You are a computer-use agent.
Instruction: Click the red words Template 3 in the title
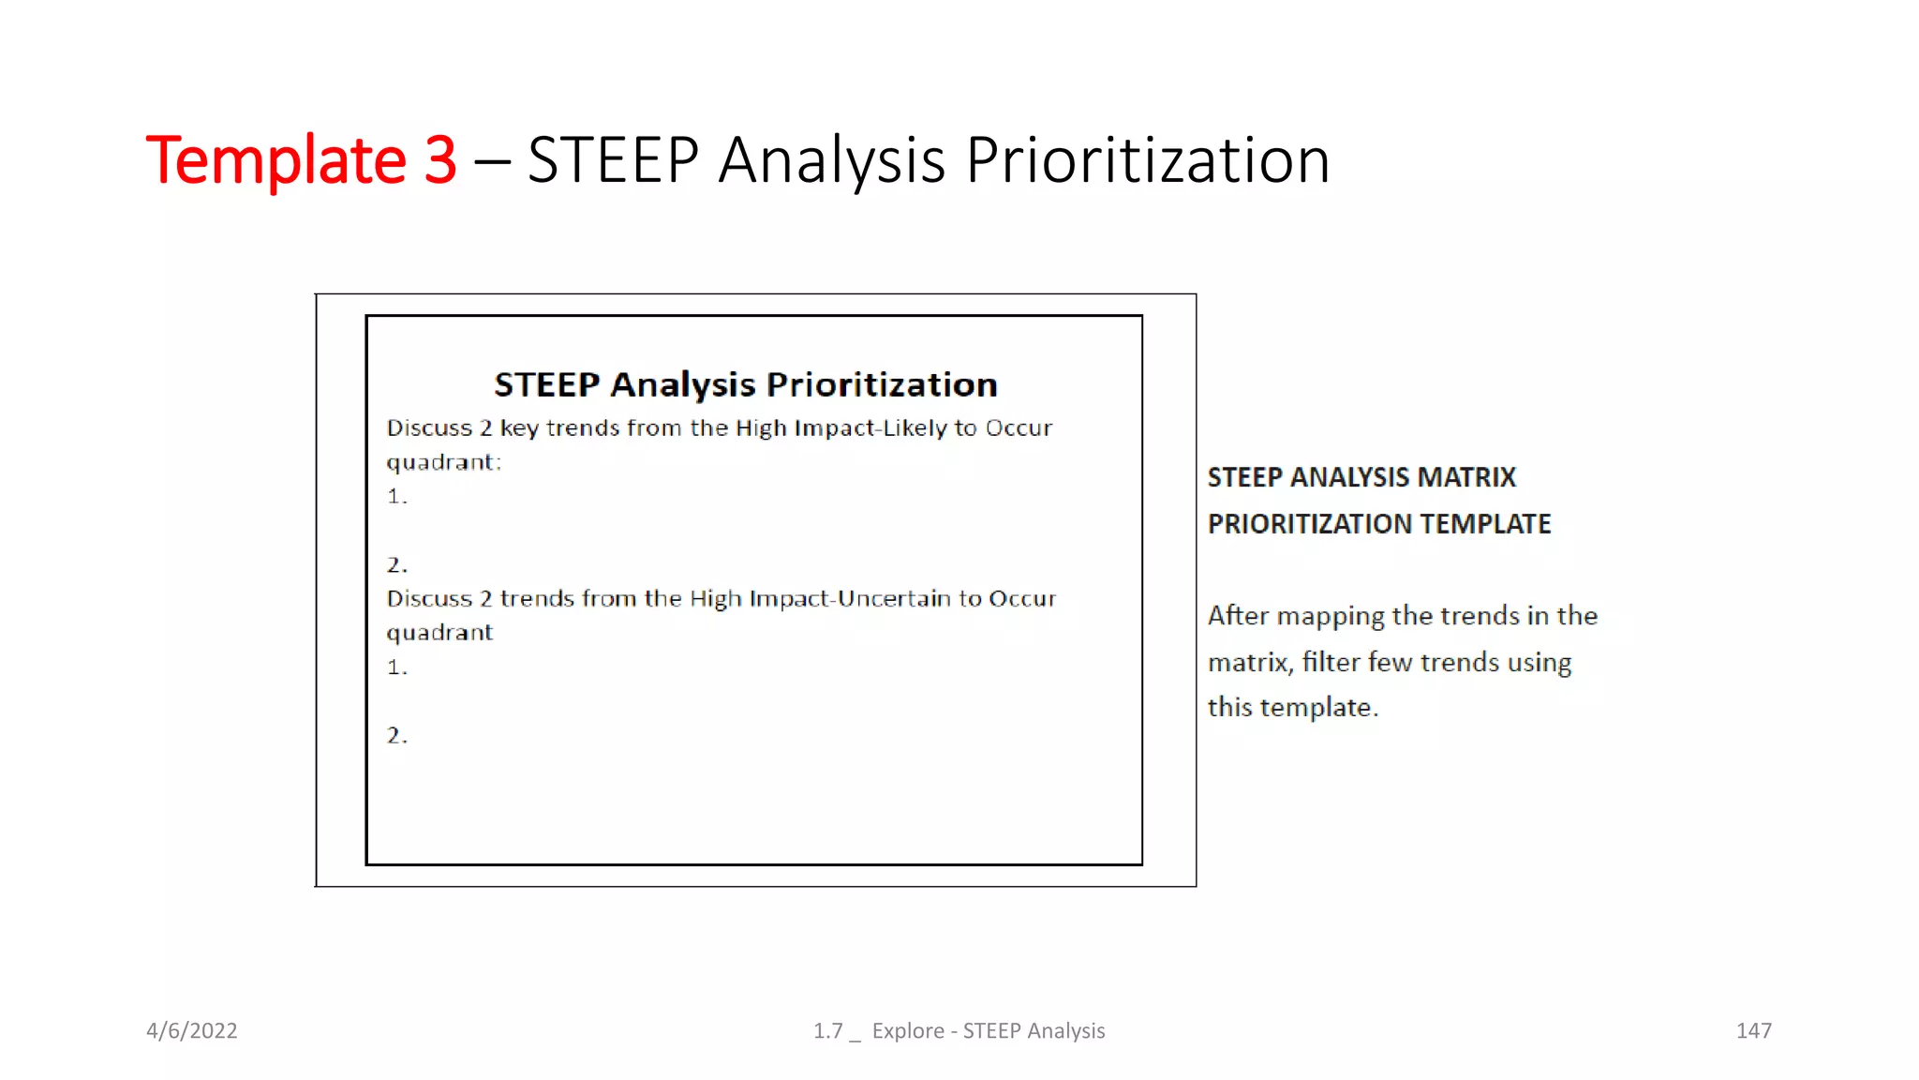coord(301,160)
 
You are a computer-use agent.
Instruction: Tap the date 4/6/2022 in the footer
coord(191,1030)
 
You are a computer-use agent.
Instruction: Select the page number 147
coord(1753,1030)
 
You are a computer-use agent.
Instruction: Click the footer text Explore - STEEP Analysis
coord(988,1030)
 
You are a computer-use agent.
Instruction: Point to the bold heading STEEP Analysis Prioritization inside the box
coord(745,384)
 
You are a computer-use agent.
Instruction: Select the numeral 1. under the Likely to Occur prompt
coord(396,497)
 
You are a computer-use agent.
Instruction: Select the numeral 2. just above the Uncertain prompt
coord(396,565)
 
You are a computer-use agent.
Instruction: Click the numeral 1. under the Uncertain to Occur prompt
coord(396,667)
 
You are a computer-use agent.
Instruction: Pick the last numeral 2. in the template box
coord(396,736)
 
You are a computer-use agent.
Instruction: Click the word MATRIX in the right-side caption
coord(1466,477)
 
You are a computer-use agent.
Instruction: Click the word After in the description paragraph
coord(1238,616)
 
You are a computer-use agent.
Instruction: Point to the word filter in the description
coord(1331,662)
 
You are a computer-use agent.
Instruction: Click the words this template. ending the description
coord(1292,708)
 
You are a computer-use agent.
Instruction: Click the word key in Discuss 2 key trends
coord(519,428)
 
